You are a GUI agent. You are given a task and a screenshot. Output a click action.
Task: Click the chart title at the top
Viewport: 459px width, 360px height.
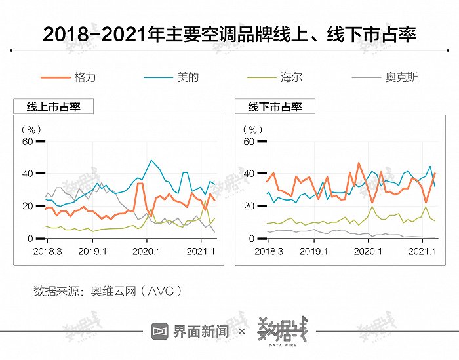tap(229, 34)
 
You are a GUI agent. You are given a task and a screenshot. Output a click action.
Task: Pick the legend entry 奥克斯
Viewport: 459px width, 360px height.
tap(401, 77)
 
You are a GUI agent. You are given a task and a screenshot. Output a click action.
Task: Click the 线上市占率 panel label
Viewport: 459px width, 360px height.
tap(53, 107)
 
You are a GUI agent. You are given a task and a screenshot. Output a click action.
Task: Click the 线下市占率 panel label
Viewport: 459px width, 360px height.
tap(275, 107)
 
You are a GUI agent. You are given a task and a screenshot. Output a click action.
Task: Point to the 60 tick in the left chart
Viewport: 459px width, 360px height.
tap(27, 141)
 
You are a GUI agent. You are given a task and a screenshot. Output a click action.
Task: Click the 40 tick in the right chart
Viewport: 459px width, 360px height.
tap(249, 174)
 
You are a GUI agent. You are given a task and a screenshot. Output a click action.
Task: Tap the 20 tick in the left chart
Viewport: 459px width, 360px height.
tap(27, 206)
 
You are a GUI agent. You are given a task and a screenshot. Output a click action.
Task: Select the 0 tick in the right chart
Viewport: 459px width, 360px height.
tap(251, 239)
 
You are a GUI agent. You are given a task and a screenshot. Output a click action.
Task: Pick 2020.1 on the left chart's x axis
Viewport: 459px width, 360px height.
tap(146, 252)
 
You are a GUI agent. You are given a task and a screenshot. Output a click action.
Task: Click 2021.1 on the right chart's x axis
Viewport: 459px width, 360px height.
tap(422, 252)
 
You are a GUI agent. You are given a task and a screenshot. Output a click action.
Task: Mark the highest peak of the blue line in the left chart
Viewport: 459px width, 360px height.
tap(151, 160)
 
